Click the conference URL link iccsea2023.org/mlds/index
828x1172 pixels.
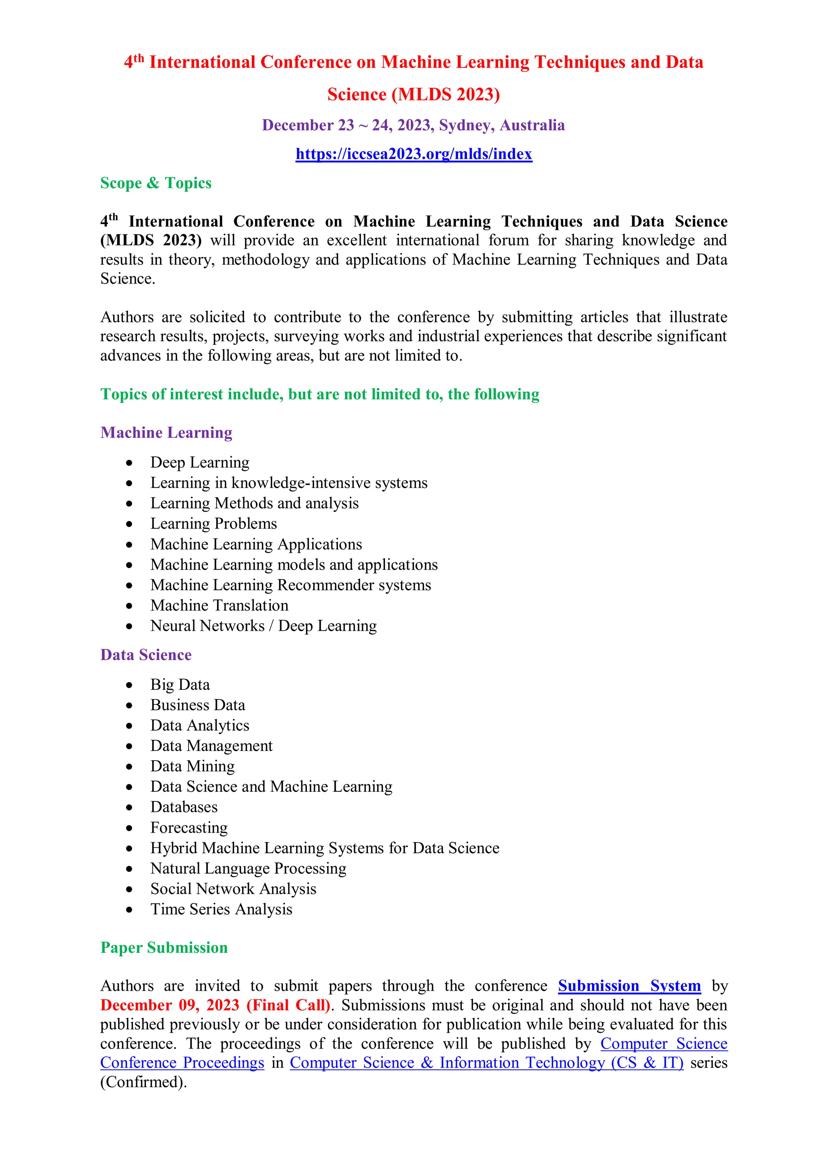click(x=414, y=154)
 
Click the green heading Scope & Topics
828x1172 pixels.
click(x=156, y=183)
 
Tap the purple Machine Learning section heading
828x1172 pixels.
click(x=166, y=432)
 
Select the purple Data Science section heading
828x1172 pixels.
click(x=146, y=655)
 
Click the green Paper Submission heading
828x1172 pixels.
click(x=164, y=947)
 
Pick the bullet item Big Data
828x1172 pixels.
click(x=180, y=685)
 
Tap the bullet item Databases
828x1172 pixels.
click(x=184, y=807)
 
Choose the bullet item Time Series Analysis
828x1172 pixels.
click(x=221, y=909)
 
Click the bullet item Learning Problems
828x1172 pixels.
click(x=213, y=524)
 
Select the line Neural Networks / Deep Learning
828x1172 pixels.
click(x=263, y=626)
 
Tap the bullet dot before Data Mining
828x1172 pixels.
click(x=130, y=767)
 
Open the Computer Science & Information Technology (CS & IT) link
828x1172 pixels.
click(x=486, y=1063)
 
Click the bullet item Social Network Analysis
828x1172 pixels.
click(x=233, y=889)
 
